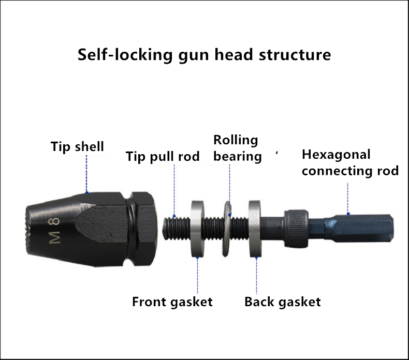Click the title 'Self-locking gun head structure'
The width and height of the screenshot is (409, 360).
[x=204, y=55]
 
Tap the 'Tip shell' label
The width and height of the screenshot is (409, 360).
[x=77, y=146]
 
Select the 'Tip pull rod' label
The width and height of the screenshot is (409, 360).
[x=163, y=156]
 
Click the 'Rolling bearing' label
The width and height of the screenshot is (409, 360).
[x=237, y=148]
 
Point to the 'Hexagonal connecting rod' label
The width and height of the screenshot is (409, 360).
[x=350, y=162]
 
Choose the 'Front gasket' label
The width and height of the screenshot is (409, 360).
[x=172, y=302]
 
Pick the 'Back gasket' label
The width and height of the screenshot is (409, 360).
[x=283, y=302]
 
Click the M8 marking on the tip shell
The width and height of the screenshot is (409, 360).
[x=55, y=231]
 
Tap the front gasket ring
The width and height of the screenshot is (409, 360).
[x=197, y=229]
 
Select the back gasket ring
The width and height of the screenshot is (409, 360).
[x=255, y=229]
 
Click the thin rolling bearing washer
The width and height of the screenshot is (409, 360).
[x=227, y=229]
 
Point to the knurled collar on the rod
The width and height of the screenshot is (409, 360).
[x=296, y=228]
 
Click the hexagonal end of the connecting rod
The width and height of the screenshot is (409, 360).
[x=359, y=228]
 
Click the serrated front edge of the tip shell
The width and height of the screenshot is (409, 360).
[x=27, y=230]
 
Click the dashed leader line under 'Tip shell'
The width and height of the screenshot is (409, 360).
[x=86, y=174]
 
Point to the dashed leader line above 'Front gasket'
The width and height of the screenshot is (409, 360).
[x=197, y=275]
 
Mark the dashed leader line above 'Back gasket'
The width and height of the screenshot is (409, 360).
[x=256, y=275]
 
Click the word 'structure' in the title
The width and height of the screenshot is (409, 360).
[x=295, y=55]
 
